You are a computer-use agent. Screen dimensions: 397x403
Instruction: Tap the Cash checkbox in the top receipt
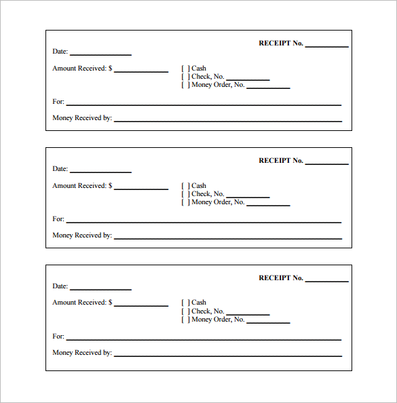tap(185, 69)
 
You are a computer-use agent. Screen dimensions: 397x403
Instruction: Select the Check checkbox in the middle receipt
tap(185, 194)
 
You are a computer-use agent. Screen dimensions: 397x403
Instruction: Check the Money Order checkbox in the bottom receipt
tap(185, 320)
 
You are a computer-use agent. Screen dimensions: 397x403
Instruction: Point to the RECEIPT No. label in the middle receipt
tap(280, 161)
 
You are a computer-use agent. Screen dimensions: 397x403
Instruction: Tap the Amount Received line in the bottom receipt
tap(141, 305)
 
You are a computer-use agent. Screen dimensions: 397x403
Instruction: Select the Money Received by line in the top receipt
tap(228, 120)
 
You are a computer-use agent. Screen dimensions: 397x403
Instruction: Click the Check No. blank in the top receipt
tap(248, 79)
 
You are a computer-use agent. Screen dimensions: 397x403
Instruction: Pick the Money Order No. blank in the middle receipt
tap(268, 204)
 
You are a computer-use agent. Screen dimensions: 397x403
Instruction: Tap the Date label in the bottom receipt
tap(60, 286)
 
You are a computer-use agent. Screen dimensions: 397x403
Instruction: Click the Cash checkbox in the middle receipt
tap(185, 186)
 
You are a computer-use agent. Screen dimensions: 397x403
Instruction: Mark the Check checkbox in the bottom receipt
tap(185, 311)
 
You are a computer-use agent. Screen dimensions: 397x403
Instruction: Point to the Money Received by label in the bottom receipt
tap(82, 353)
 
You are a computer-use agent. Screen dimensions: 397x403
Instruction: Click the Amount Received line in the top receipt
tap(141, 71)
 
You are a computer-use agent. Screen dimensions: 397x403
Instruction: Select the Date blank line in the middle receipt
tap(100, 171)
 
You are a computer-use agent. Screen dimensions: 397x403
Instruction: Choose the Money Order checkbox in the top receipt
tap(185, 85)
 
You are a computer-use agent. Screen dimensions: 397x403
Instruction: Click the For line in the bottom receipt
tap(204, 338)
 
